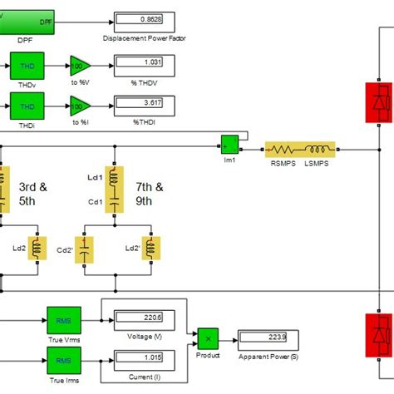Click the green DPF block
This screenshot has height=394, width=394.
click(x=27, y=17)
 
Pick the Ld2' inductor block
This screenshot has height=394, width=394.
click(x=151, y=249)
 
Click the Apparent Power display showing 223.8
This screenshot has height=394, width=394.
click(x=263, y=337)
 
